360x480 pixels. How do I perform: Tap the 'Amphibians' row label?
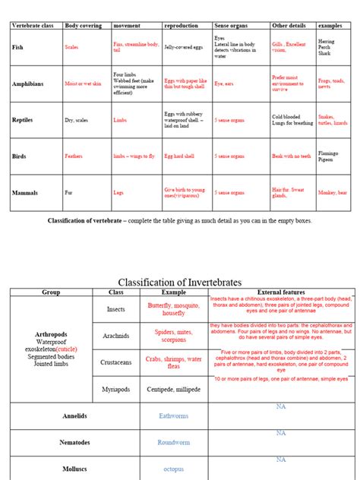coord(28,84)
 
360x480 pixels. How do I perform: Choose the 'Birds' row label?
coord(20,156)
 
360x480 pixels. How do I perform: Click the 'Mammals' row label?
coord(25,193)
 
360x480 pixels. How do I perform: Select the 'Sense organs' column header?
coord(233,26)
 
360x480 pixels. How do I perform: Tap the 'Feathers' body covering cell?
coord(74,156)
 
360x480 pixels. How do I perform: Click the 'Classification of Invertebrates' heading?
coord(180,282)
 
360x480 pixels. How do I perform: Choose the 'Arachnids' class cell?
coord(115,335)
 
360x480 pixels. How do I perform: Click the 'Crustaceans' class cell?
coord(115,362)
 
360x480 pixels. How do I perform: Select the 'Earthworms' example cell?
coord(174,416)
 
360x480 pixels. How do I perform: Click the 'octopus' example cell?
coord(174,469)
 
